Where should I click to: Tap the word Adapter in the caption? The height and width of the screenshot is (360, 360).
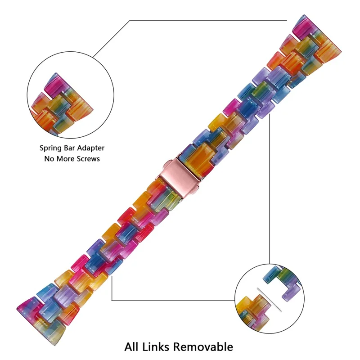pyautogui.click(x=91, y=148)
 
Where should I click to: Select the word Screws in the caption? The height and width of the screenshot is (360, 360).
pyautogui.click(x=86, y=159)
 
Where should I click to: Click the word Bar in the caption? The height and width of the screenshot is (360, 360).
pyautogui.click(x=71, y=148)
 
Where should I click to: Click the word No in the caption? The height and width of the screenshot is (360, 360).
pyautogui.click(x=49, y=159)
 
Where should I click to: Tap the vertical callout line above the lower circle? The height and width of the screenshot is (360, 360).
pyautogui.click(x=270, y=189)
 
